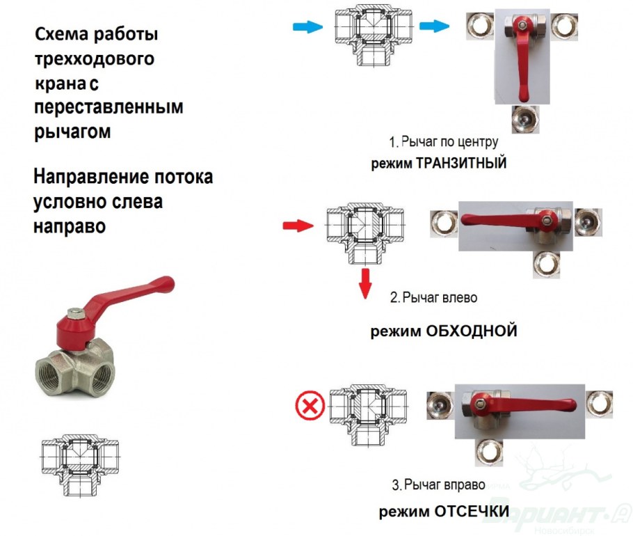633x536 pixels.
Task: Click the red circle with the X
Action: coord(310,406)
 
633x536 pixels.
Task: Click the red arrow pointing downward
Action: coord(365,283)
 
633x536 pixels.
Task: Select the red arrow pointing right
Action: coord(298,226)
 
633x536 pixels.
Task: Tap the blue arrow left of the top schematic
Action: coord(307,26)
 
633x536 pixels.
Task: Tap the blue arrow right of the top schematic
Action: coord(434,26)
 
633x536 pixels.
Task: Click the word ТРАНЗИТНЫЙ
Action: coord(461,163)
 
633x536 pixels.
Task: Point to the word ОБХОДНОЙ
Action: coord(472,331)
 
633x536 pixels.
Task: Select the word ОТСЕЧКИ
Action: coord(472,512)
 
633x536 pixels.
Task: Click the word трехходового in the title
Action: coord(95,59)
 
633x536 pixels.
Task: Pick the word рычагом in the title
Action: coord(72,132)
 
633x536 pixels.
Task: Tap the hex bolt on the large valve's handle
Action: coord(75,313)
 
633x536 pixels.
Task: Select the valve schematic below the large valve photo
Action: coord(81,465)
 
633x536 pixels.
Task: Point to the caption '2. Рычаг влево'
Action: coord(433,298)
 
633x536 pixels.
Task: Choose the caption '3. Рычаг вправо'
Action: coord(438,484)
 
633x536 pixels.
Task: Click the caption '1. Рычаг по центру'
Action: coord(443,142)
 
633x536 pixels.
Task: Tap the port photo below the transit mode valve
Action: coord(525,120)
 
